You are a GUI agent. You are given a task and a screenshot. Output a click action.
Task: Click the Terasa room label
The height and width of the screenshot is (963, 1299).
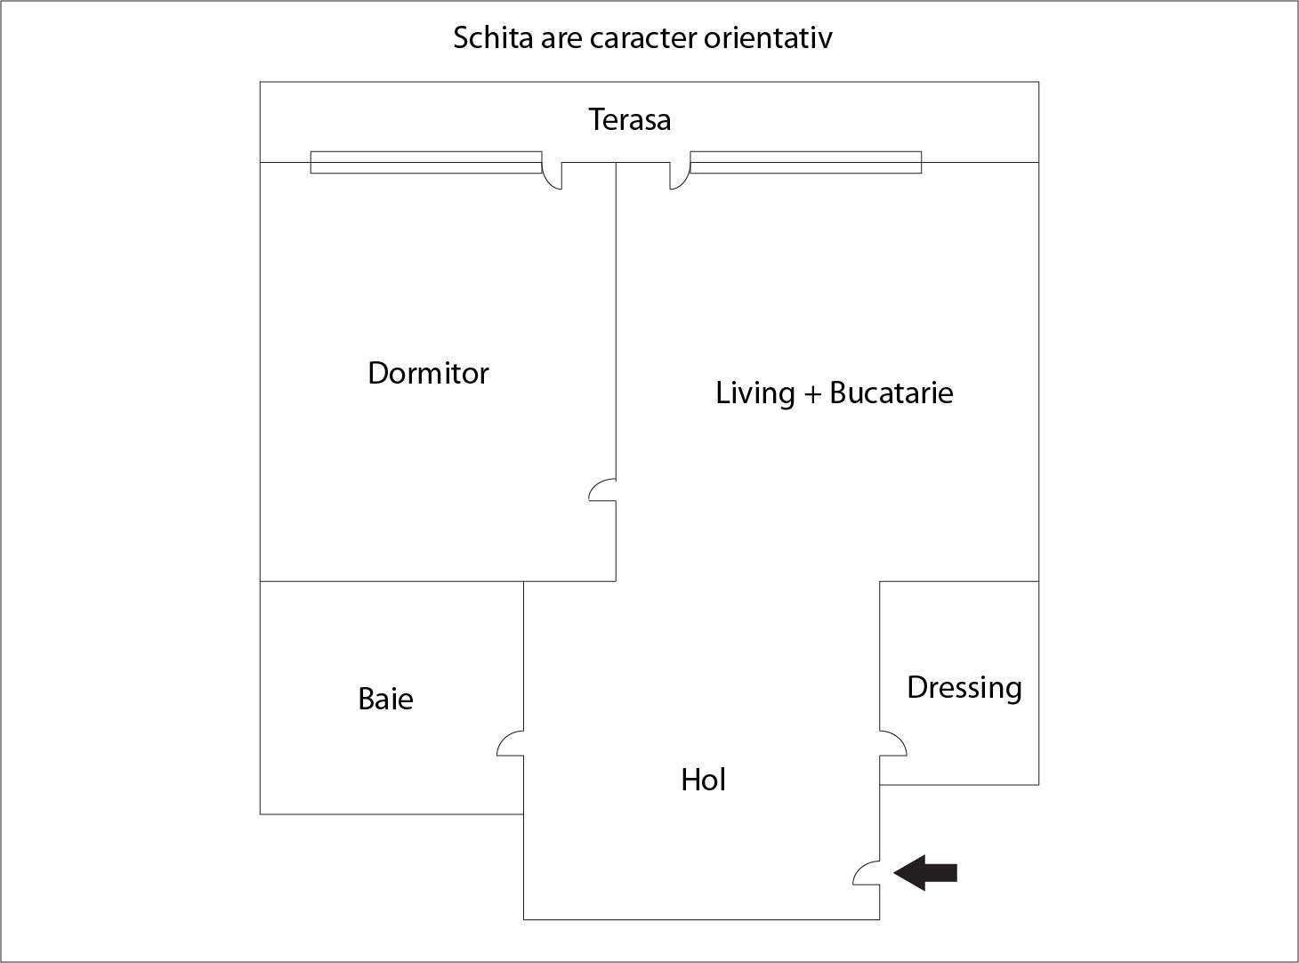click(x=629, y=119)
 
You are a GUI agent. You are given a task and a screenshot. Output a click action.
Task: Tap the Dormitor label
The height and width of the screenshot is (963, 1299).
click(x=428, y=373)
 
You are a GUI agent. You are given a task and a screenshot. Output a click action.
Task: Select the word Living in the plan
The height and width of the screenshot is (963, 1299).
click(x=754, y=392)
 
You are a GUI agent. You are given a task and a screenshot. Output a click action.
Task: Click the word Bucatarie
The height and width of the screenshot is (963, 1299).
click(x=891, y=392)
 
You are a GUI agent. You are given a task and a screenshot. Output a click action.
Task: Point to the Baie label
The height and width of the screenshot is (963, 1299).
click(x=385, y=699)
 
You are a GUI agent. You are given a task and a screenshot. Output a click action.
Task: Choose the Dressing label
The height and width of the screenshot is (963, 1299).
click(x=964, y=687)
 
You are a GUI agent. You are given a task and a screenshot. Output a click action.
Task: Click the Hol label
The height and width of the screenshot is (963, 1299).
click(x=703, y=780)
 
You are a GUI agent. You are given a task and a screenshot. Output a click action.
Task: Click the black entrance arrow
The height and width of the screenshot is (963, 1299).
click(x=925, y=872)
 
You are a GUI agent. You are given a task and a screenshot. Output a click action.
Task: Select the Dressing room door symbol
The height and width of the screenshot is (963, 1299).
click(x=892, y=744)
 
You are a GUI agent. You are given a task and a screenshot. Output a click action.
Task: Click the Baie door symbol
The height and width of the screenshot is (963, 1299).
click(x=511, y=744)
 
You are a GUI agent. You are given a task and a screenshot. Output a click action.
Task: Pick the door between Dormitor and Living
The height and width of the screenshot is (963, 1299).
click(x=603, y=490)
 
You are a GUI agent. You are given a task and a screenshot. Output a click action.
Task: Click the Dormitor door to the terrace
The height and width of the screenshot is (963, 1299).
click(x=553, y=175)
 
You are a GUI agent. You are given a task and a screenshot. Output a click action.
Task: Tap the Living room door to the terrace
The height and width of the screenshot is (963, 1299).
click(x=680, y=175)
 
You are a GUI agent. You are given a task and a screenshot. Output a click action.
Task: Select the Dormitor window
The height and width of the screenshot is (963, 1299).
click(x=425, y=162)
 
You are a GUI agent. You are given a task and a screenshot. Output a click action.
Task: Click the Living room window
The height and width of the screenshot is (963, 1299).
click(x=805, y=162)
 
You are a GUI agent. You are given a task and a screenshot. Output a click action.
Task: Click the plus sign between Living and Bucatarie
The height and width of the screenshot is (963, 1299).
click(x=811, y=393)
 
